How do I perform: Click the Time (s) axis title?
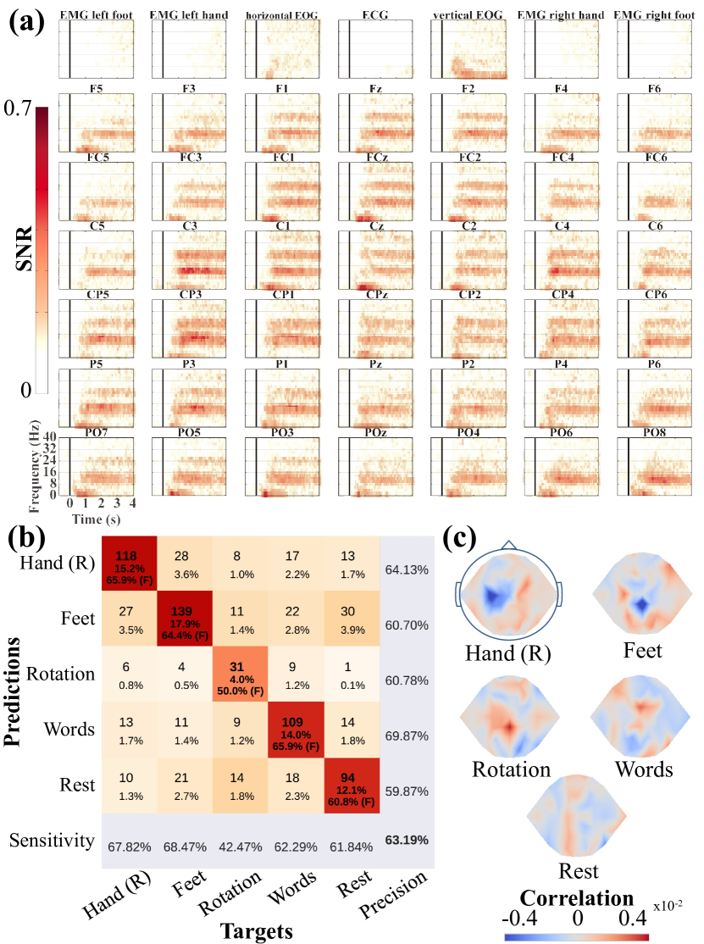tap(94, 517)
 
